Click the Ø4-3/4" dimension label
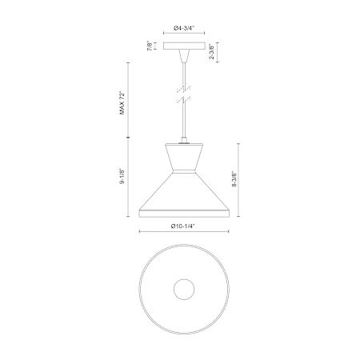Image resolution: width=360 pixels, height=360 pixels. click(184, 28)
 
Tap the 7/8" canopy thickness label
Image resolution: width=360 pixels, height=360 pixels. click(150, 46)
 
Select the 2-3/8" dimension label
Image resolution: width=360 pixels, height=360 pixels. click(212, 53)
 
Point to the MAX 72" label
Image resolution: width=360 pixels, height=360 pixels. click(122, 103)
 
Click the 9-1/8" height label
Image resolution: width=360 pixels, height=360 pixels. click(122, 176)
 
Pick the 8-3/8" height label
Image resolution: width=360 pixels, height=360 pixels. click(234, 179)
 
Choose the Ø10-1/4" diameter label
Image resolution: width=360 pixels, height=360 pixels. click(183, 226)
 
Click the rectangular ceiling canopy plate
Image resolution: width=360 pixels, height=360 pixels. click(184, 46)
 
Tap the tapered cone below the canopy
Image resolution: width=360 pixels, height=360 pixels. click(184, 56)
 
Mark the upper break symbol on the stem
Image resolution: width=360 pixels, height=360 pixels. click(184, 89)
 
